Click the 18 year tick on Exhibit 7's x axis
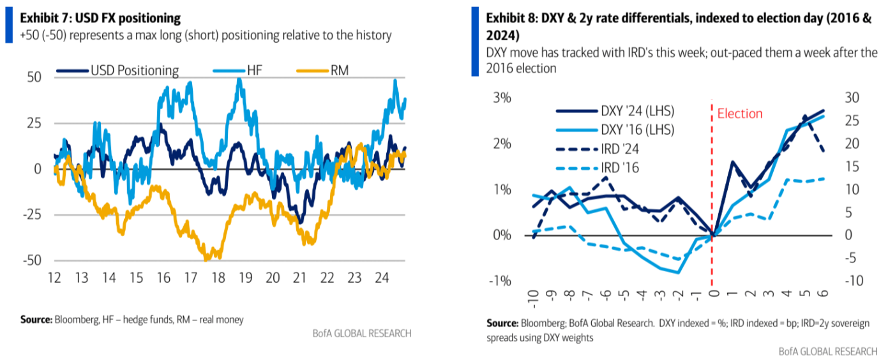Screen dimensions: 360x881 [x=218, y=278]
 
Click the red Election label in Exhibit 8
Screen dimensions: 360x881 [x=740, y=114]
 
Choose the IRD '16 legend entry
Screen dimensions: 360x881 [x=620, y=168]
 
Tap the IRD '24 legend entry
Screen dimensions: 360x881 [x=620, y=149]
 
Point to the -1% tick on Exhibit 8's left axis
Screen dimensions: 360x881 [x=501, y=281]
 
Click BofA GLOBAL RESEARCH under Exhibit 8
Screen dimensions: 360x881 [x=828, y=352]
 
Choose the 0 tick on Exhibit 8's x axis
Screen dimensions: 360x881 [x=713, y=294]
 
